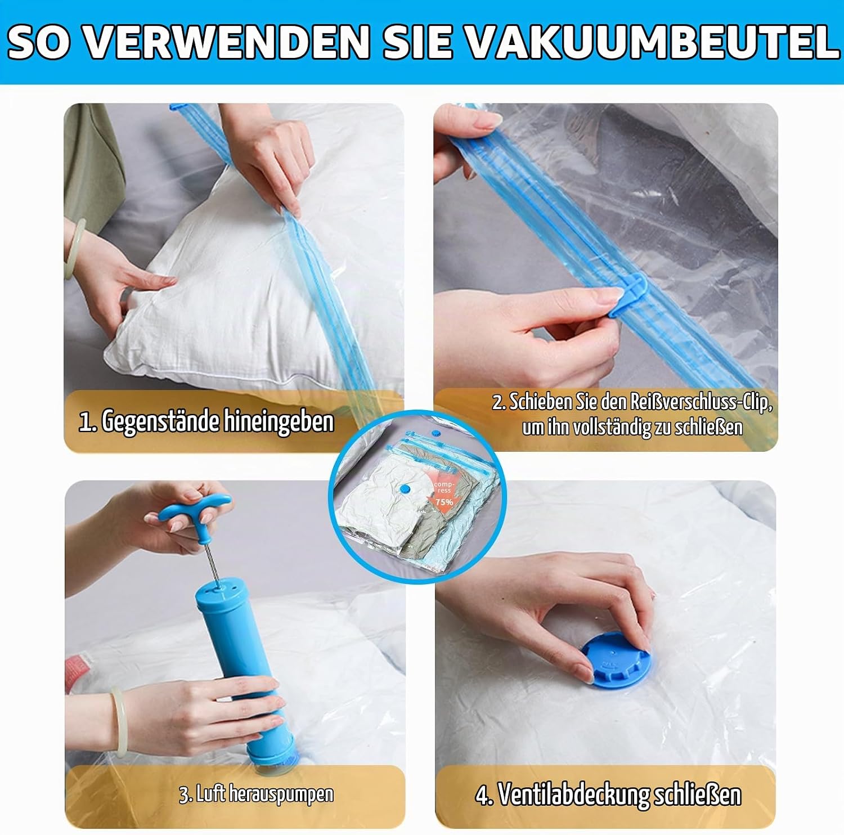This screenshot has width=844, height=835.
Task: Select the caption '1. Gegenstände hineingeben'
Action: coord(206,421)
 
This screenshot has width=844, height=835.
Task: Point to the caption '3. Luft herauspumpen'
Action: coord(256,794)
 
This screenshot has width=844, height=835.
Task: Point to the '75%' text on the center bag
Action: coord(444,502)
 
